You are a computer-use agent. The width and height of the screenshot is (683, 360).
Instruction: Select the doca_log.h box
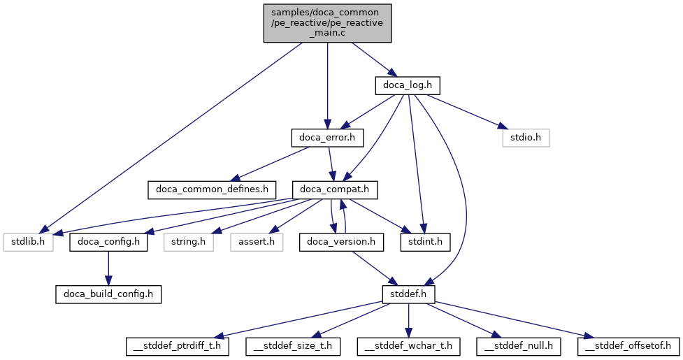[408, 85]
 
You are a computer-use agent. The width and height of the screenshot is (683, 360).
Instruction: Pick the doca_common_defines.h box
[211, 189]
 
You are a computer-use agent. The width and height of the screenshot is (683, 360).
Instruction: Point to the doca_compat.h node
[338, 189]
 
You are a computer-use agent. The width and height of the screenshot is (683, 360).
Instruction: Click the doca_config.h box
[108, 243]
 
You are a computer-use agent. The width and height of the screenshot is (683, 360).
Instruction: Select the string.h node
[189, 243]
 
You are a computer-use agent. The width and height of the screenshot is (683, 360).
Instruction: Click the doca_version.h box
[341, 243]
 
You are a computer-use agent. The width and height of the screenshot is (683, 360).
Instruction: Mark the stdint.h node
[425, 243]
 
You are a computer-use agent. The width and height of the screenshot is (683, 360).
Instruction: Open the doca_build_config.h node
[108, 294]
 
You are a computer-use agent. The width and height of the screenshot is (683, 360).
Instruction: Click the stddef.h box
[408, 294]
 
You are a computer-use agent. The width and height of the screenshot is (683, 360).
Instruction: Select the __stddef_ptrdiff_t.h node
[178, 346]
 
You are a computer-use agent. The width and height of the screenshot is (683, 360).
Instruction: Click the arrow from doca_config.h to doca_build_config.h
[108, 268]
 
